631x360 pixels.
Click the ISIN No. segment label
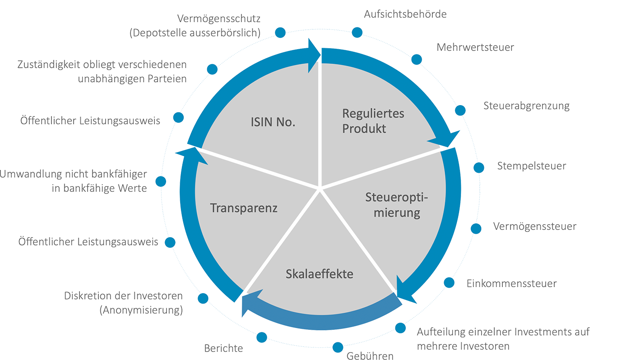[x=273, y=122]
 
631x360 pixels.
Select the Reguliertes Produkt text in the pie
[x=373, y=121]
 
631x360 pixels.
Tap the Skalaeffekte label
[x=320, y=274]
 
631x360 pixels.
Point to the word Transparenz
[x=244, y=208]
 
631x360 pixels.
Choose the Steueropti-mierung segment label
[x=397, y=205]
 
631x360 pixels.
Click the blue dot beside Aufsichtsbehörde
[x=357, y=32]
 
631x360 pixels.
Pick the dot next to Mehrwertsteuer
[x=417, y=60]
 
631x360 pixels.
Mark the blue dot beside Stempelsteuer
[x=479, y=167]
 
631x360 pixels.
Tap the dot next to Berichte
[x=262, y=337]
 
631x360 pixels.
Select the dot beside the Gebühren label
[x=338, y=347]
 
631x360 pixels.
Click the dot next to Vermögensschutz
[x=280, y=32]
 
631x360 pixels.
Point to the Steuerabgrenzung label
[x=526, y=106]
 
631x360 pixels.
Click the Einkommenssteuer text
[x=511, y=283]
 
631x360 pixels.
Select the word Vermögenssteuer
[x=535, y=226]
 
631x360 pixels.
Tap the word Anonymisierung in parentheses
[x=141, y=310]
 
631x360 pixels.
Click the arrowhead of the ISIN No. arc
[x=314, y=55]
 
